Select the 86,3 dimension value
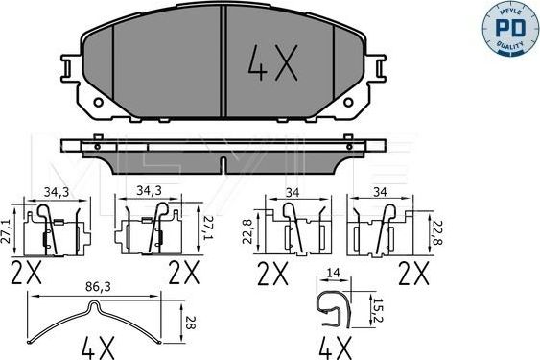(95, 287)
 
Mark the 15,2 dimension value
(378, 306)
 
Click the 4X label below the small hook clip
(334, 347)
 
